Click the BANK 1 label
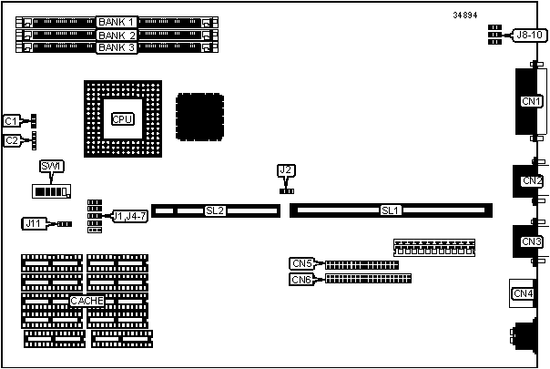(117, 21)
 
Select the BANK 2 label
(117, 35)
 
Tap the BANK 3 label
(117, 47)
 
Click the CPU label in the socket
(121, 119)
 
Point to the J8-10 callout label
(527, 35)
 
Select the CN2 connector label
(531, 180)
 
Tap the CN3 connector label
(531, 241)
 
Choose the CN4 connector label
(523, 292)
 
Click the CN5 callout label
(302, 263)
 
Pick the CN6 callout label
(302, 279)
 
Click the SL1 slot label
(390, 210)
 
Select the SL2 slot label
(215, 210)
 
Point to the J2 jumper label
(286, 170)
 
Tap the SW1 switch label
(50, 166)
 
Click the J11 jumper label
(34, 222)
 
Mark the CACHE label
(87, 301)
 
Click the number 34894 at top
(467, 15)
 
